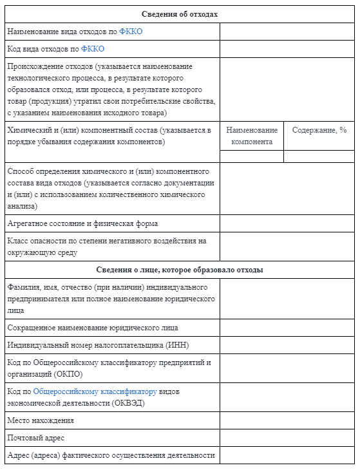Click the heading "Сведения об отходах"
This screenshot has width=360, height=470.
[x=179, y=14]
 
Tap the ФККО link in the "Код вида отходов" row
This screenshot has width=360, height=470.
[x=93, y=49]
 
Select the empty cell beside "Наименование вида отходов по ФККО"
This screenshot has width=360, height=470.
[x=287, y=32]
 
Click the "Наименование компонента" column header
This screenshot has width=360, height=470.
[x=252, y=136]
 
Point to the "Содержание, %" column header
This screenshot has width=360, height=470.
[x=319, y=130]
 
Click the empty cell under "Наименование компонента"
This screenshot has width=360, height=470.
[x=252, y=156]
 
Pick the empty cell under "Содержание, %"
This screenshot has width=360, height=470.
[x=319, y=156]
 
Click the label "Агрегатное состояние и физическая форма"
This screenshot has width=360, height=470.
[x=82, y=223]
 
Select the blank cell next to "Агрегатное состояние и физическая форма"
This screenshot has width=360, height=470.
[x=287, y=223]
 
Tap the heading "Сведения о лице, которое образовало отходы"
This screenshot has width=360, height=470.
[x=179, y=270]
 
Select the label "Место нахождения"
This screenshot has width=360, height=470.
[x=41, y=420]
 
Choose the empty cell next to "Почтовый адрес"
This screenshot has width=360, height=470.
[x=287, y=438]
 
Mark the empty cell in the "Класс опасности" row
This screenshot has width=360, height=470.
[x=287, y=247]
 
